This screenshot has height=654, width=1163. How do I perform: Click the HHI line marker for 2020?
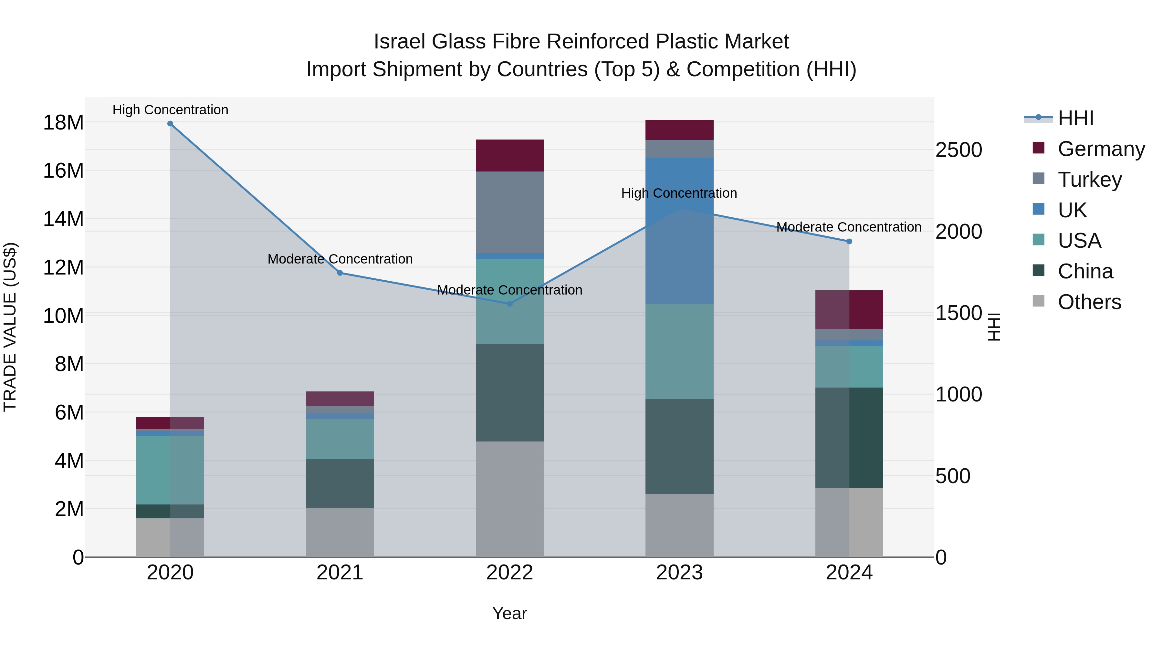170,124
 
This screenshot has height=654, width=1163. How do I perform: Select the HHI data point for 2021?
340,273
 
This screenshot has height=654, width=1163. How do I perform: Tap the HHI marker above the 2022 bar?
510,304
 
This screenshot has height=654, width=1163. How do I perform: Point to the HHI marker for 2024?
849,242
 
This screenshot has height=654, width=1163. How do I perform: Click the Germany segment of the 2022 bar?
510,155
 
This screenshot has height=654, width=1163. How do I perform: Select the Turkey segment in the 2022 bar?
510,212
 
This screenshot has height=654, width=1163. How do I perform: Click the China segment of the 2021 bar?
340,484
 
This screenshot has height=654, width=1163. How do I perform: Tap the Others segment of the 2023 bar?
679,526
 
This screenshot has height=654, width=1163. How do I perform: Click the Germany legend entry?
1101,149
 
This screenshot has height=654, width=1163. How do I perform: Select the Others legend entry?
1089,302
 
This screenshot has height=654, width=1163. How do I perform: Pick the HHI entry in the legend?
1075,118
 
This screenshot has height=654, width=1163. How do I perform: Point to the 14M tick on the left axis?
63,219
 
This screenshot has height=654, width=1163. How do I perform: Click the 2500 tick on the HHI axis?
959,150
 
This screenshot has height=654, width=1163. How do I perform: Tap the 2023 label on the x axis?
679,573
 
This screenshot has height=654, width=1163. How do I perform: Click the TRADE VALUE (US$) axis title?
10,327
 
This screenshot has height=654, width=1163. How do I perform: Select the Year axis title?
510,613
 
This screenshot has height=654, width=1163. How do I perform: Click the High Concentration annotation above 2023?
679,193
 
